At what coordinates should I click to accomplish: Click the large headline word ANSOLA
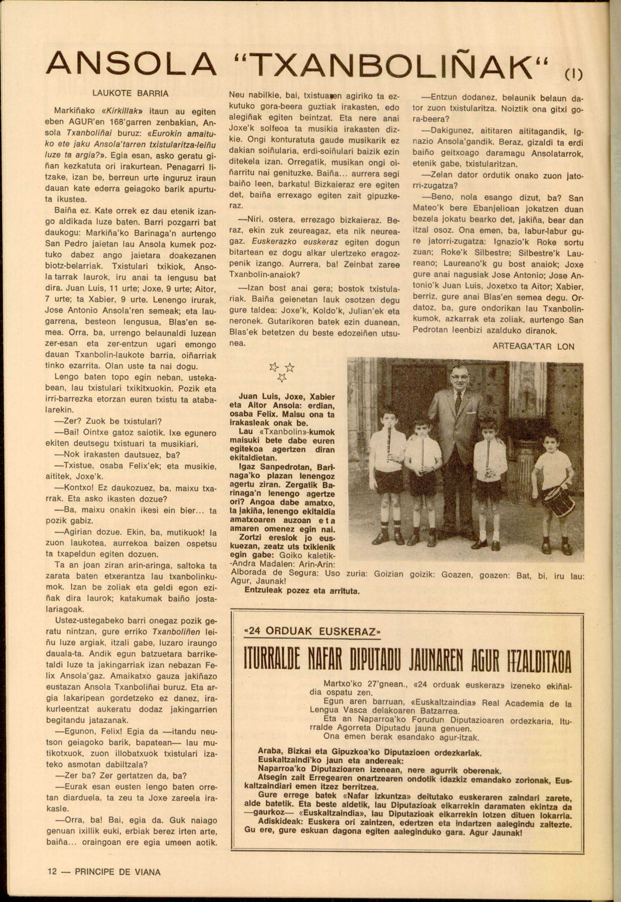(x=131, y=63)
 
